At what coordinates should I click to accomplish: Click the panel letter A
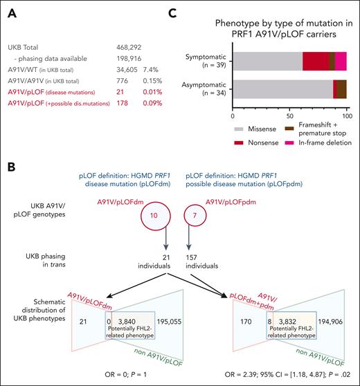tap(11, 9)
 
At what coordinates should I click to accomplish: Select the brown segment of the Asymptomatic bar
tap(341, 89)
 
